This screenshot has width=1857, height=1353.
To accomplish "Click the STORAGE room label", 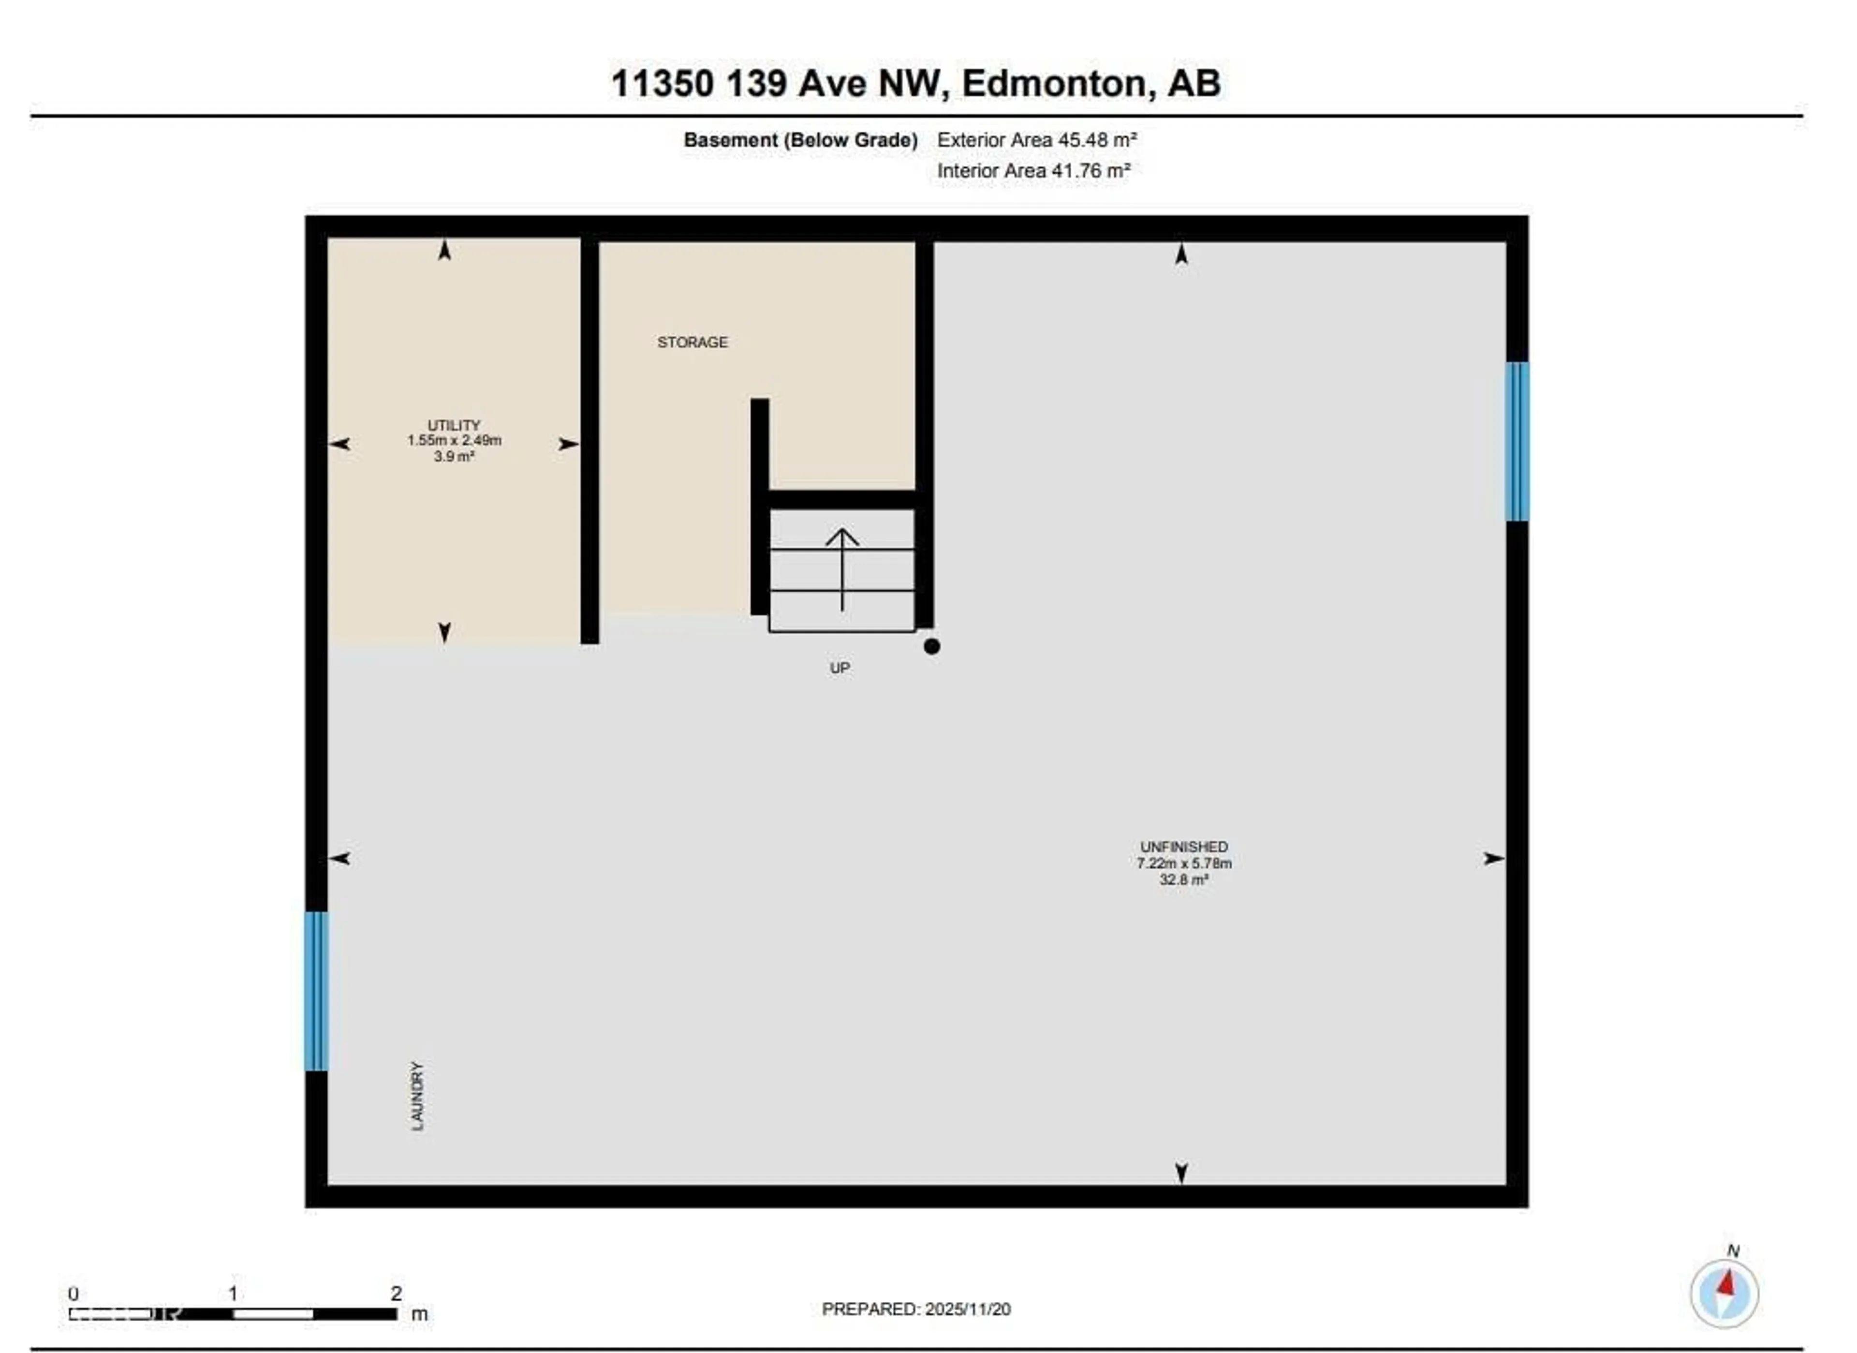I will [x=692, y=342].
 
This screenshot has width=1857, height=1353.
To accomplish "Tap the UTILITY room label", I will [x=454, y=425].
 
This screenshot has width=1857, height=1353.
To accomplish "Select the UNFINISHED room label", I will [x=1183, y=847].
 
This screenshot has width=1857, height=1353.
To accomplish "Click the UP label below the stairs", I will [x=839, y=669].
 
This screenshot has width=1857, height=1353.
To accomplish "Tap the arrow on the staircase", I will [x=842, y=569].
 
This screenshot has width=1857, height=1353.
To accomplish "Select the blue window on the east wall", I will [x=1517, y=442].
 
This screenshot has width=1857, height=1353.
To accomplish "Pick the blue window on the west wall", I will [x=317, y=991].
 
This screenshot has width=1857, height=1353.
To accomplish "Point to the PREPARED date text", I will [x=916, y=1309].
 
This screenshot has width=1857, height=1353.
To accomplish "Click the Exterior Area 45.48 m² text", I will [x=1036, y=140].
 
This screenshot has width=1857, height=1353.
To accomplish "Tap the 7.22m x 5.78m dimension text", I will [x=1184, y=863].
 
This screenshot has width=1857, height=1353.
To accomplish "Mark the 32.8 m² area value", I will [x=1184, y=879].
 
